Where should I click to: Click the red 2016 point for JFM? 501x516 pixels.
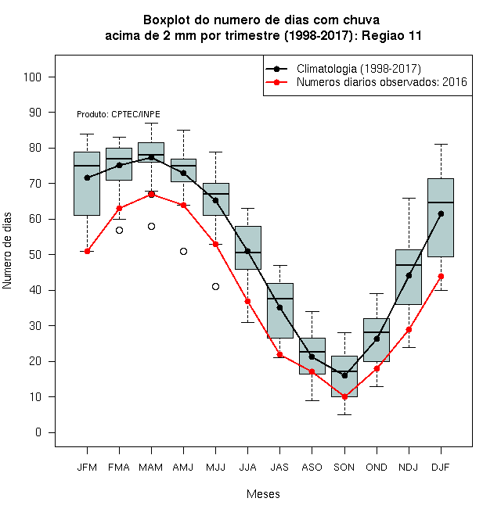[87, 251]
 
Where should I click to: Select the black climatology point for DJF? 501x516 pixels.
[441, 214]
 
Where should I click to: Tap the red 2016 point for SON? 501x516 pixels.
[344, 397]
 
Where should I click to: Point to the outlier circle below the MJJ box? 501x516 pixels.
[215, 287]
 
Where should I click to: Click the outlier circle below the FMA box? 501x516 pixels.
[119, 231]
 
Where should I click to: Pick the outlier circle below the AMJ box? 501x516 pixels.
[184, 252]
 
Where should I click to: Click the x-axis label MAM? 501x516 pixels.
[150, 468]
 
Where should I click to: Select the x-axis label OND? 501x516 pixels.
[377, 468]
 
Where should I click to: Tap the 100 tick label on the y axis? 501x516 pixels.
[32, 77]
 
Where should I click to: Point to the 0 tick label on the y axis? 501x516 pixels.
[38, 432]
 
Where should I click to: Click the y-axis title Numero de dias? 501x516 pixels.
[7, 251]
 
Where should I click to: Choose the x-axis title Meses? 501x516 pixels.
[263, 494]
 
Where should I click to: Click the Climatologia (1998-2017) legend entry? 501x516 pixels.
[343, 69]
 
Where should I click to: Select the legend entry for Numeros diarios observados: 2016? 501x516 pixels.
[366, 82]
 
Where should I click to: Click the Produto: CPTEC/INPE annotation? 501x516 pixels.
[118, 114]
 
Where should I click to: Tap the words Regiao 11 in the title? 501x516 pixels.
[391, 35]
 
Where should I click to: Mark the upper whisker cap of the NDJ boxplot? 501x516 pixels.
[409, 198]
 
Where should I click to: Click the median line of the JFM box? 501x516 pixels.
[87, 166]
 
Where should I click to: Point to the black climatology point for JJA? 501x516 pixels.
[248, 251]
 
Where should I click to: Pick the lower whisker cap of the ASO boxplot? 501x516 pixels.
[312, 400]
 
